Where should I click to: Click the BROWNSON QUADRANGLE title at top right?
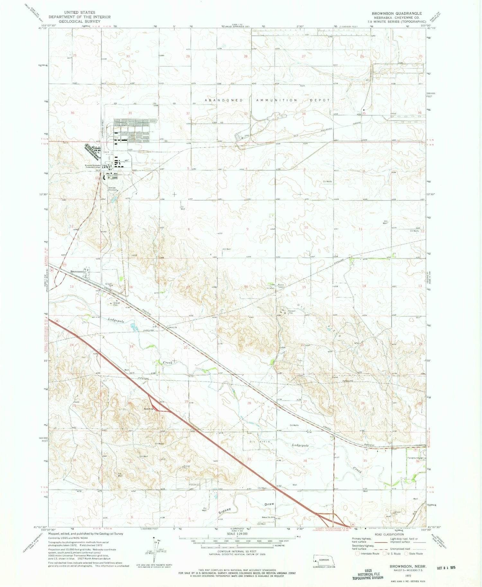(x=397, y=13)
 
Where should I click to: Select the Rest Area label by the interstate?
(x=148, y=409)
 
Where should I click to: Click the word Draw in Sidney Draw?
(x=269, y=504)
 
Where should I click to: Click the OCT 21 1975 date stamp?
(x=446, y=567)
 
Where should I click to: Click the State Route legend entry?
(x=414, y=554)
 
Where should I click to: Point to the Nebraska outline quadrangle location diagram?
(x=324, y=560)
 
